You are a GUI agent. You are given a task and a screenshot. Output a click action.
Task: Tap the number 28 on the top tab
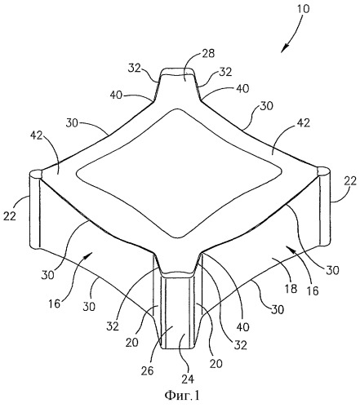click(207, 53)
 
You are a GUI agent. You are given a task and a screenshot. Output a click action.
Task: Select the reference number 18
click(291, 288)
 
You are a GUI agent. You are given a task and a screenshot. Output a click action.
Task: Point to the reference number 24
click(189, 379)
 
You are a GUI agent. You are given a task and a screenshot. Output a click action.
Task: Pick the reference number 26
click(147, 370)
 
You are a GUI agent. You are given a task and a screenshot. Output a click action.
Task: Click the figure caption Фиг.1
click(182, 396)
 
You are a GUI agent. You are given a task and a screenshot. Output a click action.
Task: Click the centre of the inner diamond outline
click(180, 173)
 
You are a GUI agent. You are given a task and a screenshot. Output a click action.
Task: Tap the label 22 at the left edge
click(10, 216)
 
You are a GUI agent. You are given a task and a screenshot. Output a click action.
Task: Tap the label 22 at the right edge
click(349, 180)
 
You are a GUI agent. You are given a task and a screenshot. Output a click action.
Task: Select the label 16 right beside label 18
click(313, 290)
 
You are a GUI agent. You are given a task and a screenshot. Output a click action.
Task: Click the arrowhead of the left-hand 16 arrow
click(89, 255)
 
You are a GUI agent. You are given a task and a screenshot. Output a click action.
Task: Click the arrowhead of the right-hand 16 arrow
click(290, 247)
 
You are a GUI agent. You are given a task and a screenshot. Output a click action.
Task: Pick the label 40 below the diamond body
click(242, 327)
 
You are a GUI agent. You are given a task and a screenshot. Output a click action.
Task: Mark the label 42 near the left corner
click(36, 135)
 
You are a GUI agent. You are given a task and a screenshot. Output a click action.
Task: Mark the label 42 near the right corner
click(303, 123)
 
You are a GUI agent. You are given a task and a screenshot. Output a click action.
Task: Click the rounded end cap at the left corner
click(36, 175)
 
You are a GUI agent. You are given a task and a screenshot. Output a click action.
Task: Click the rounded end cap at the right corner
click(324, 171)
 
